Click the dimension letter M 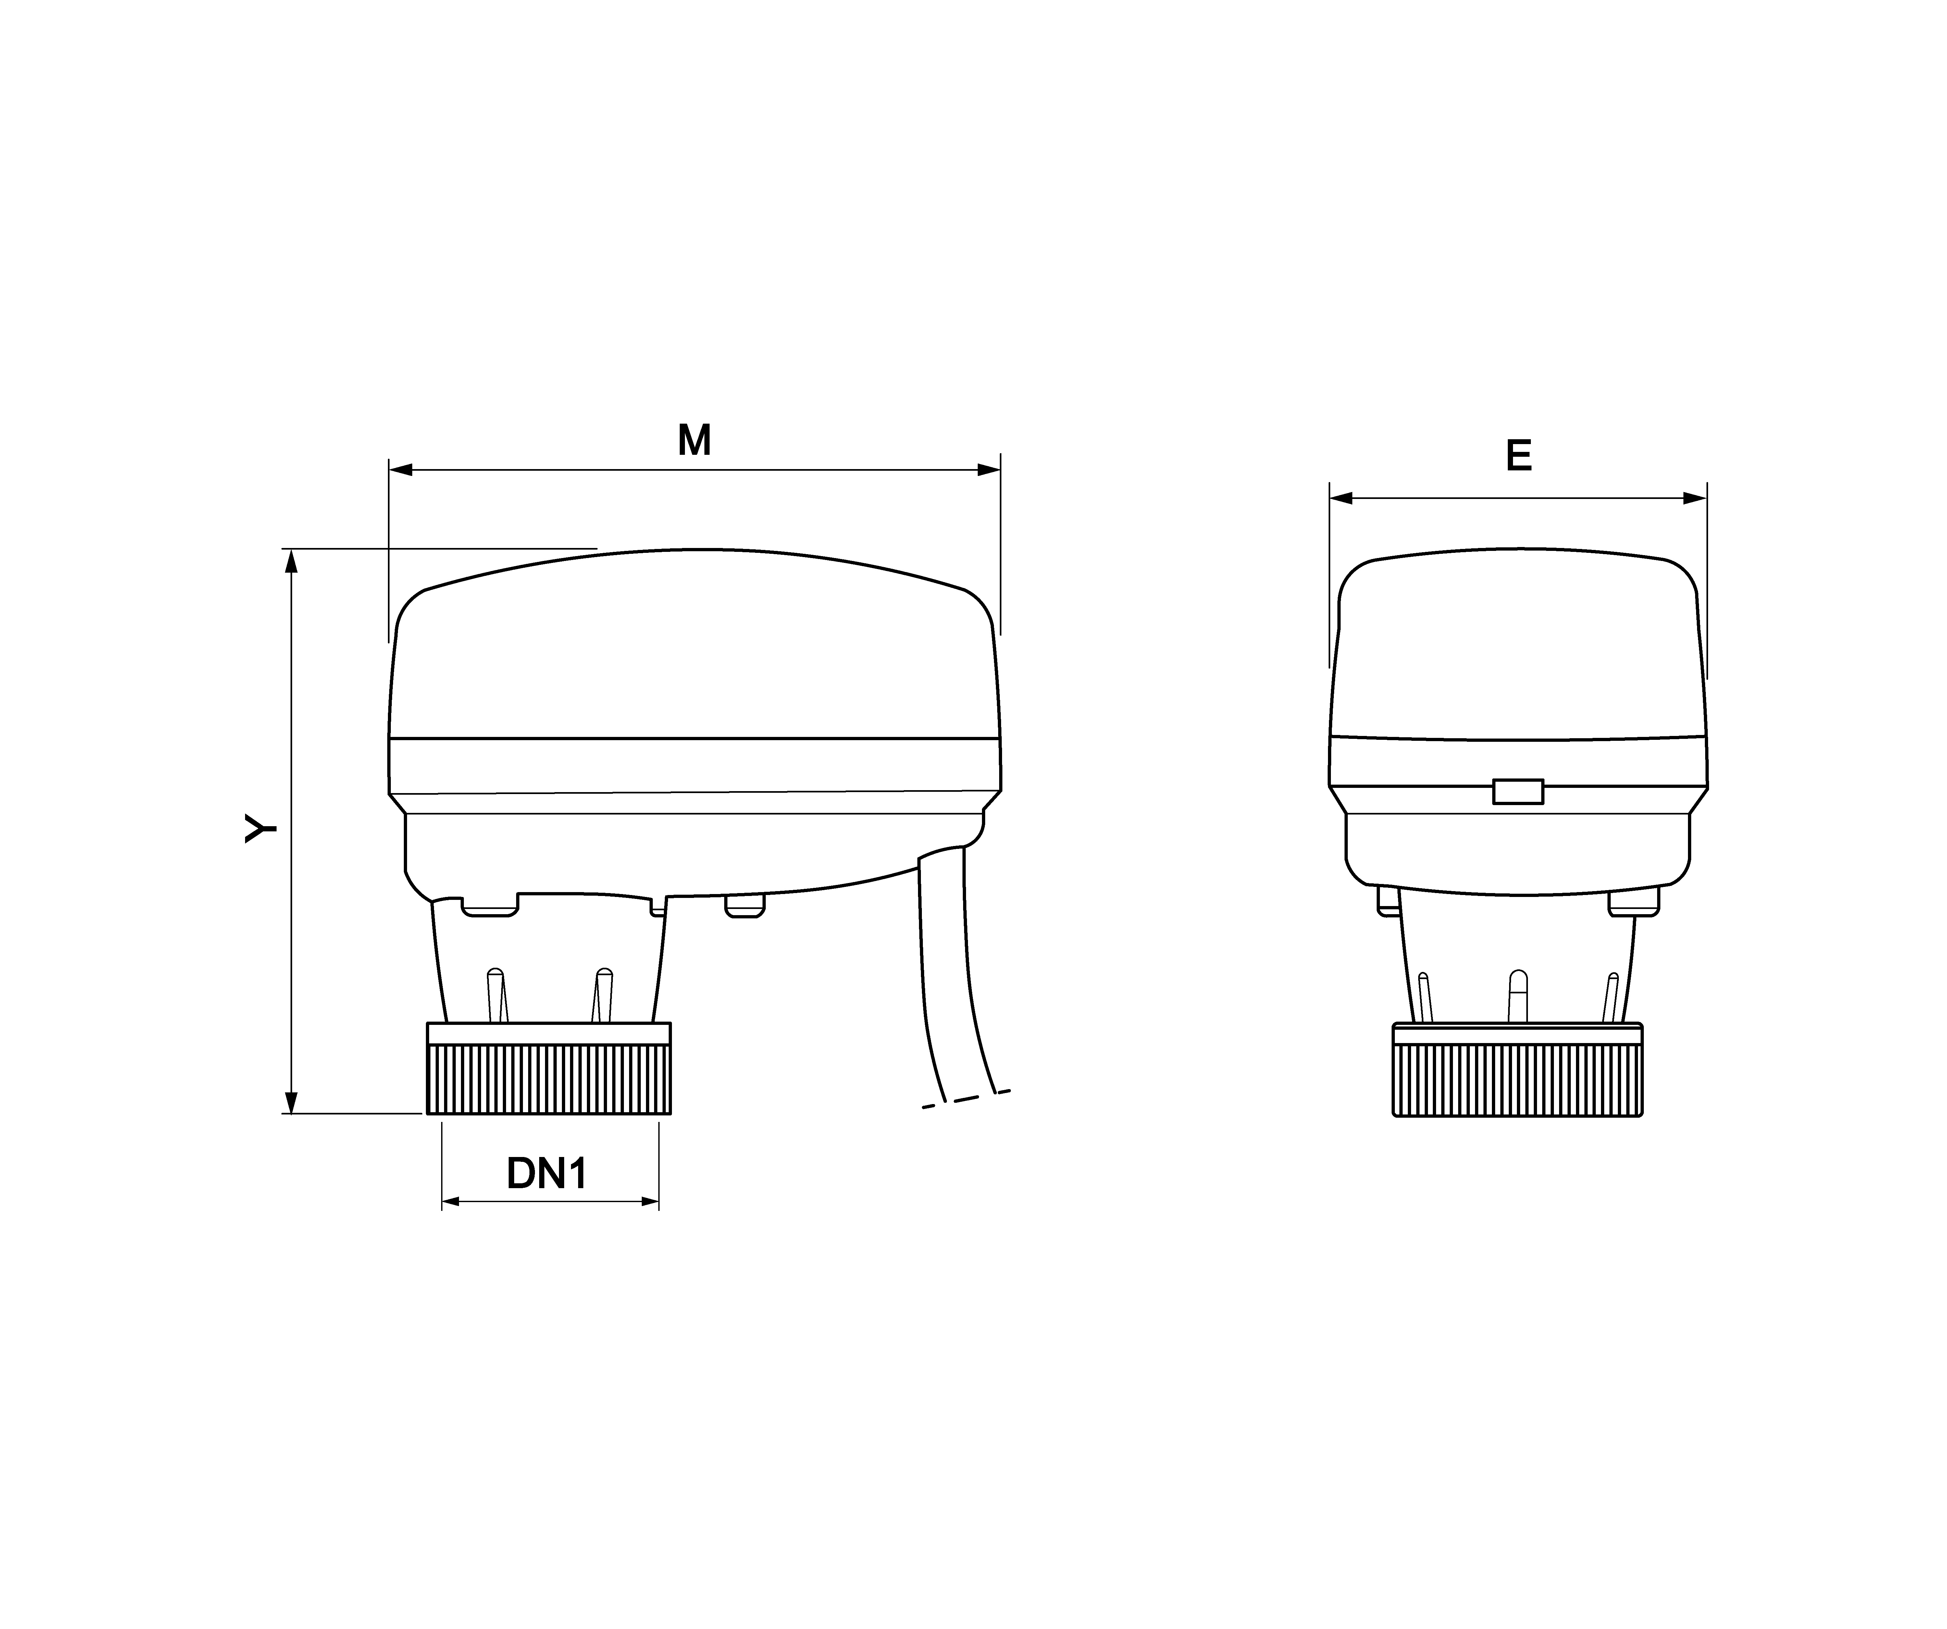pos(694,441)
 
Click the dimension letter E pos(1519,456)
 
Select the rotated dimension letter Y pos(261,828)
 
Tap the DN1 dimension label pos(547,1174)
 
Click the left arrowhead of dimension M pos(401,470)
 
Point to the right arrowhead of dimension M pos(989,470)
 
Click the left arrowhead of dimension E pos(1342,499)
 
